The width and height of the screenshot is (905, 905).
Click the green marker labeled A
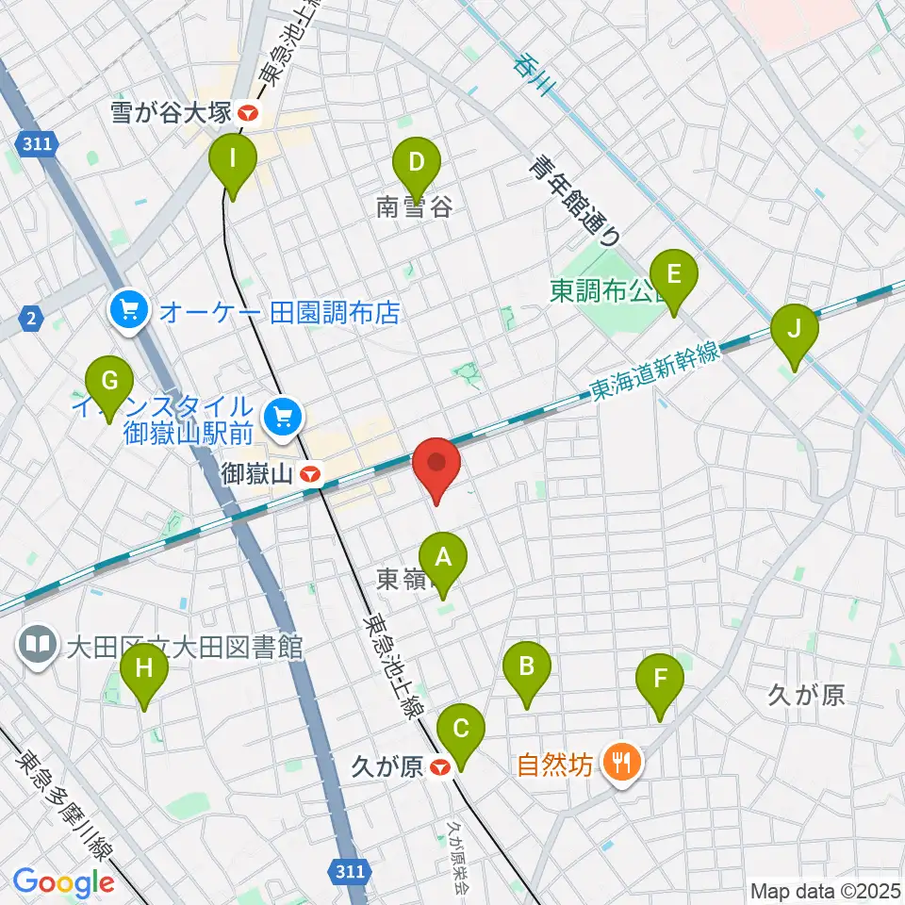point(444,558)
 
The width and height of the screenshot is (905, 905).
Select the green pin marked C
point(461,731)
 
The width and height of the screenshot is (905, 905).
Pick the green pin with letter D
point(416,163)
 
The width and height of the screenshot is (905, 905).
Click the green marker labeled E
point(674,275)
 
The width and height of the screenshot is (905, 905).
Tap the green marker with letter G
point(109,382)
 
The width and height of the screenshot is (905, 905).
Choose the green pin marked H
point(144,671)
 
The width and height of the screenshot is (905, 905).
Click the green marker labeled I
point(232,159)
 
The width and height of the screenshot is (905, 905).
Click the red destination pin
point(437,464)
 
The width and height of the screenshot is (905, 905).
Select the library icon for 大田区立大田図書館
point(39,648)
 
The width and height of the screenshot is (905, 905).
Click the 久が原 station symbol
point(438,768)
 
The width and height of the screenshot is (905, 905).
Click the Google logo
point(63,882)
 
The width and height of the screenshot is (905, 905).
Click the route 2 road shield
point(32,320)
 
